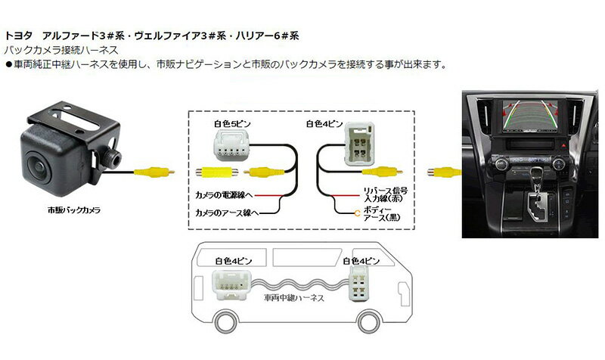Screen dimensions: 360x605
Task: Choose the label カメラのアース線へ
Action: pos(227,214)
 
